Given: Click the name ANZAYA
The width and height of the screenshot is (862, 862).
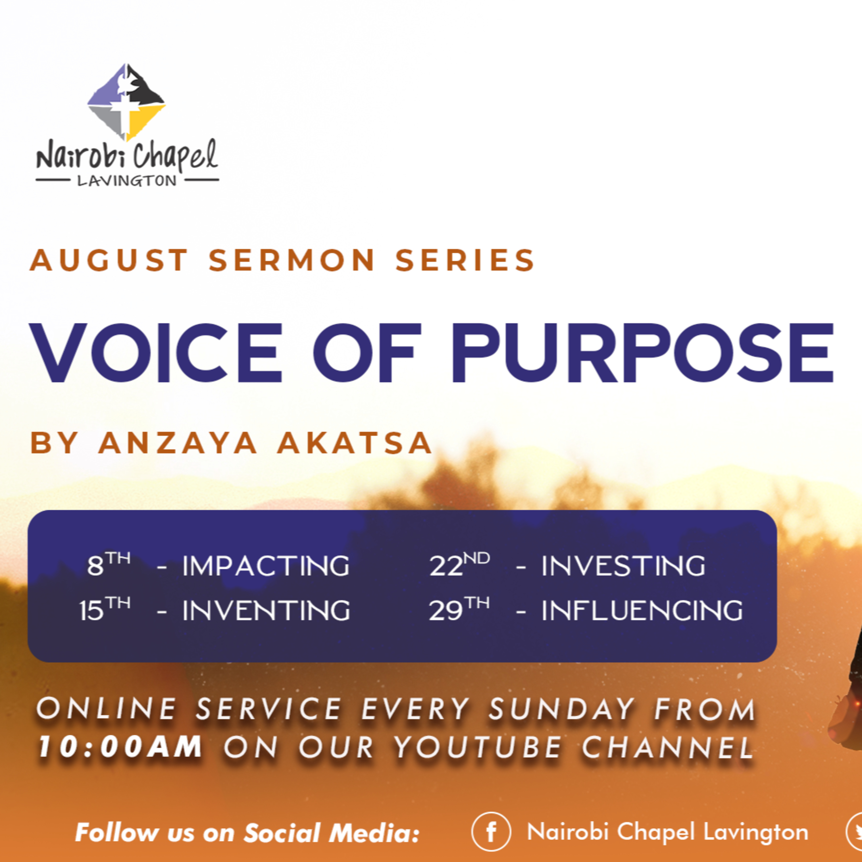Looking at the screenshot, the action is (x=178, y=443).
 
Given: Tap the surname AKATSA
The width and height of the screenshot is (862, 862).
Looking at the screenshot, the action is (x=355, y=443).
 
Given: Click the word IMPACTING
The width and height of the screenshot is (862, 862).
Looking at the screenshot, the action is (x=266, y=566).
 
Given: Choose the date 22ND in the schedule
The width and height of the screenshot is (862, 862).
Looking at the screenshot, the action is (x=459, y=564).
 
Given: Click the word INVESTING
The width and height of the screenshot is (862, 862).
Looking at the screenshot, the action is (x=623, y=566).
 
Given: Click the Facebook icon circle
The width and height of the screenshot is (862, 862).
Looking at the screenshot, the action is (x=491, y=832).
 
